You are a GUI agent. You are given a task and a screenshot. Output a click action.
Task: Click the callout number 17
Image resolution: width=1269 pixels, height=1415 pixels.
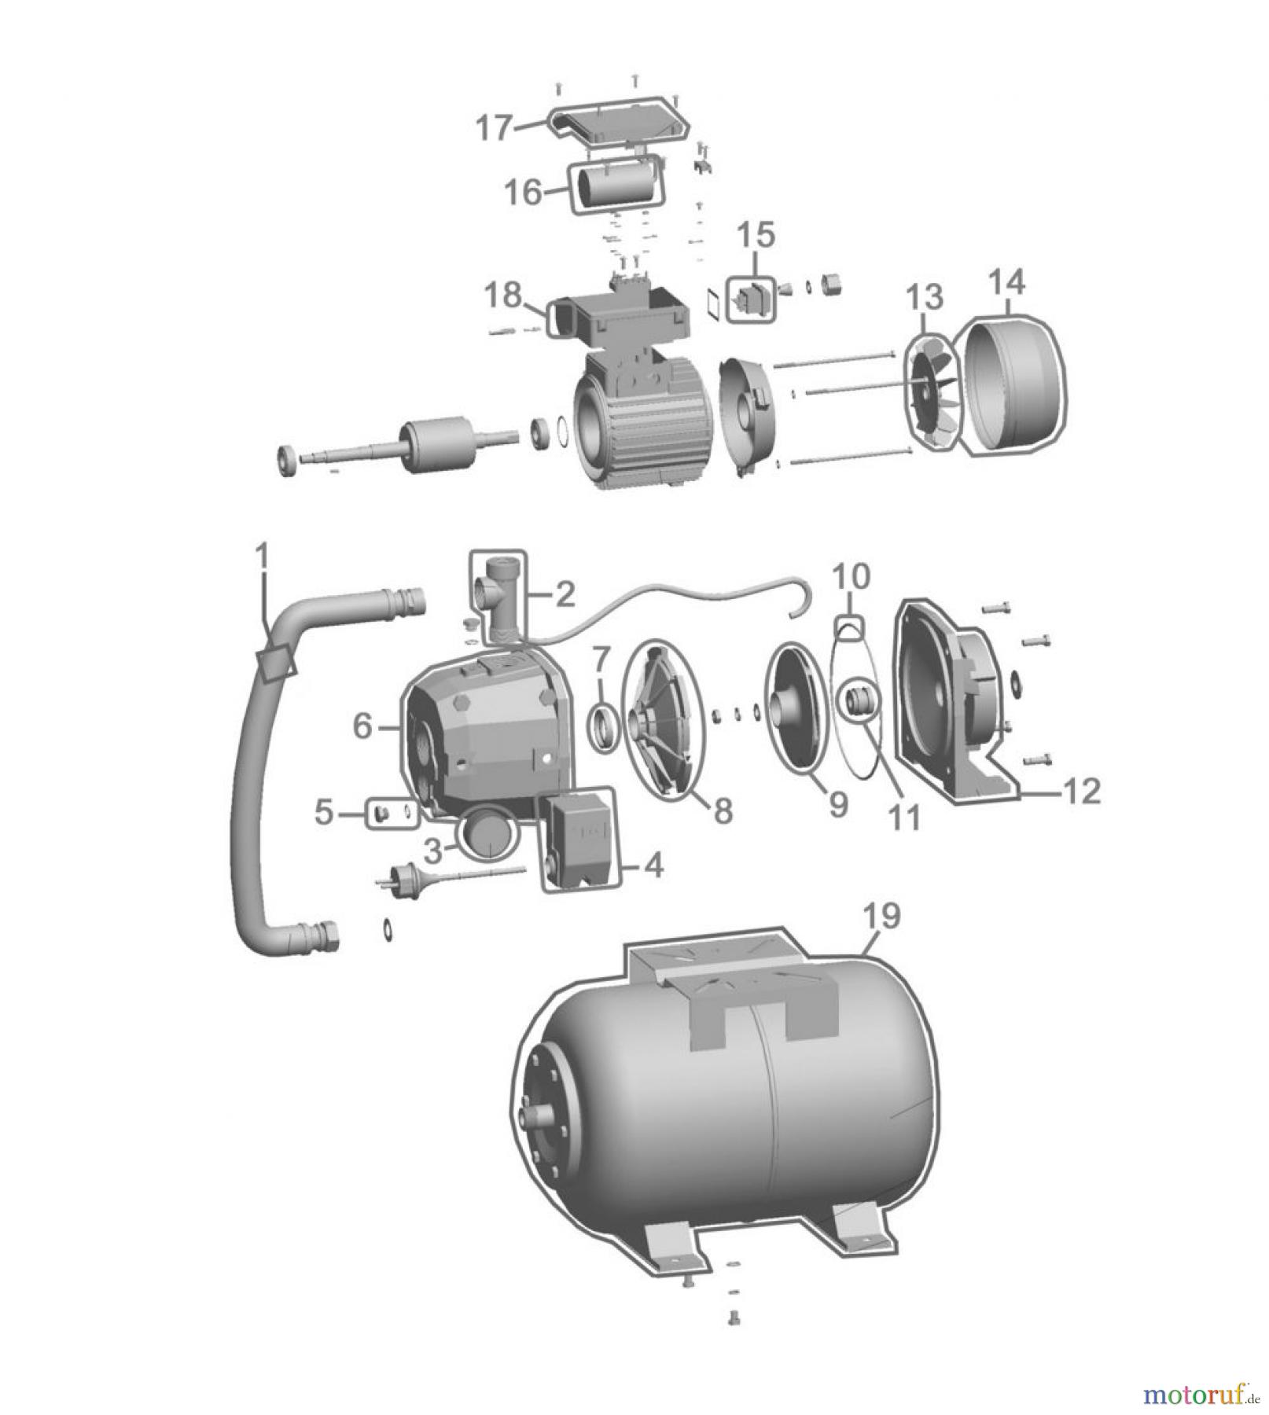495,128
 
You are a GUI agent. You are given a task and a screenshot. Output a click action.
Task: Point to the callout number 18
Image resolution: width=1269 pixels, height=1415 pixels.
503,296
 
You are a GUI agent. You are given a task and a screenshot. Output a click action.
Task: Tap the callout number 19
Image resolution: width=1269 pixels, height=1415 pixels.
881,916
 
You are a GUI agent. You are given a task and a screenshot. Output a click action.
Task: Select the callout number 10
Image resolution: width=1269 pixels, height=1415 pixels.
851,578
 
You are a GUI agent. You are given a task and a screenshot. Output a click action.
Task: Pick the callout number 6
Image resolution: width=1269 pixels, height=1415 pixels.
362,727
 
